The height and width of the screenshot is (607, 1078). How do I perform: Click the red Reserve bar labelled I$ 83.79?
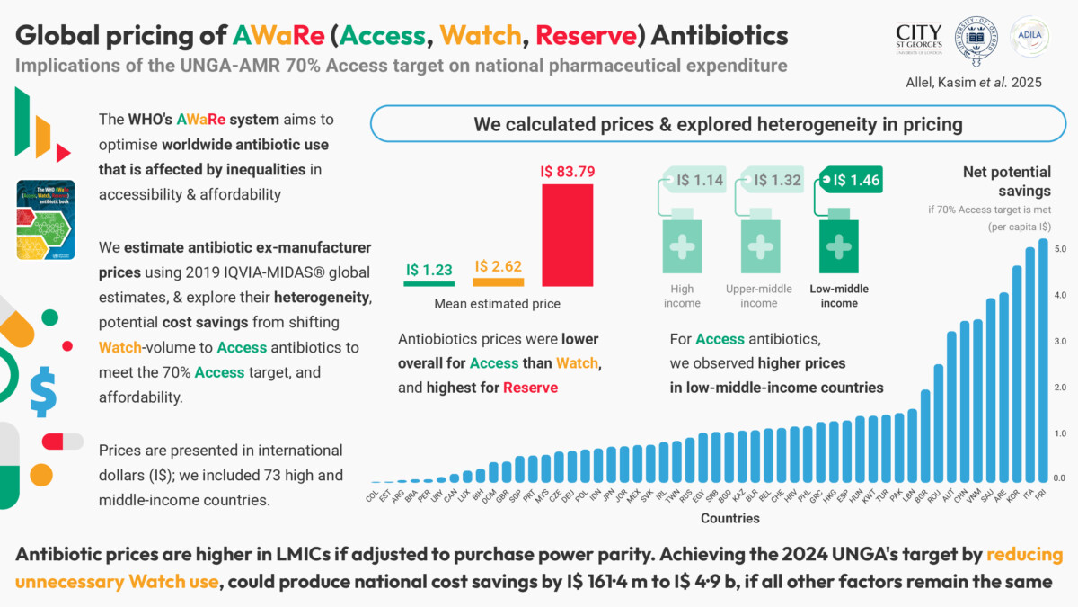click(x=567, y=235)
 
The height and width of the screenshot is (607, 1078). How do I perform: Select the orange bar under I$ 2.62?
click(x=497, y=281)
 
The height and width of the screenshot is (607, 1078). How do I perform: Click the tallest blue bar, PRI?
click(x=1043, y=360)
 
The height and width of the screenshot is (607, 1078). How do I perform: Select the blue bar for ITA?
click(x=1030, y=364)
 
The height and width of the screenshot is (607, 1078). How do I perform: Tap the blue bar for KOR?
click(x=1017, y=373)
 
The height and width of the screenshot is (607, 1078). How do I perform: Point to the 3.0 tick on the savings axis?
click(x=1060, y=341)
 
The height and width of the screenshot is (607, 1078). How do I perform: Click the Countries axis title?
click(x=729, y=518)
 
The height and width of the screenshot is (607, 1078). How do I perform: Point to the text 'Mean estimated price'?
click(x=497, y=304)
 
